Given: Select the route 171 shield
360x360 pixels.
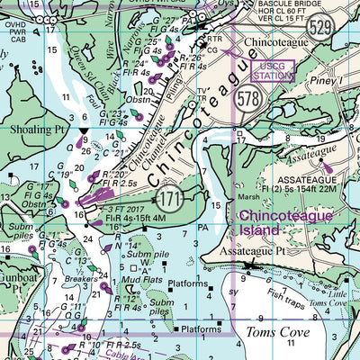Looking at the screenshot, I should (x=168, y=195).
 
